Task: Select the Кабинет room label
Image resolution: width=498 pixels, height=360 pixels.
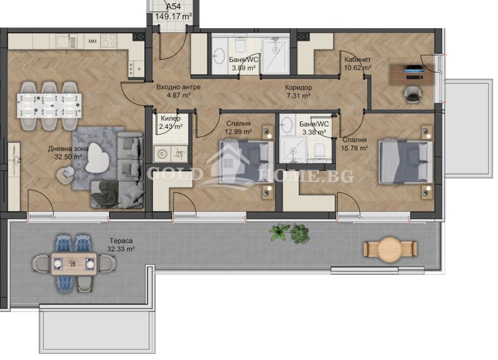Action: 357,60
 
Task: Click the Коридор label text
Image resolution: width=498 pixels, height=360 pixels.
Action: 299,88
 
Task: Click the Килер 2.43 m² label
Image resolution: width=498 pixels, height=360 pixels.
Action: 171,122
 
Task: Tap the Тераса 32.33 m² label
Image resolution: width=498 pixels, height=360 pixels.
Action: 121,245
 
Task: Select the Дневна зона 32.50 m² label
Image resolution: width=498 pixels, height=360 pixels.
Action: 68,153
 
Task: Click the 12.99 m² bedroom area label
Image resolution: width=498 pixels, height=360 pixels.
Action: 238,131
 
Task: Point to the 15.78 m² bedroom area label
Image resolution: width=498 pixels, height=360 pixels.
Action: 354,148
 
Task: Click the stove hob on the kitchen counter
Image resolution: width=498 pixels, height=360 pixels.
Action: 110,42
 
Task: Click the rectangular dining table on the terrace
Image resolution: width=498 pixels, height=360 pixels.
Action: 73,266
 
